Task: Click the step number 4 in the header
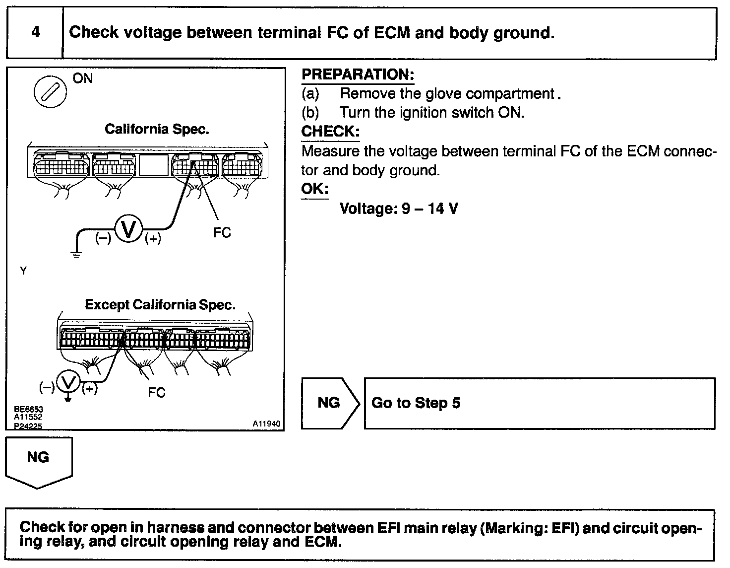36,33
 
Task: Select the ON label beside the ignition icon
83,78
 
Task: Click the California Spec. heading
157,130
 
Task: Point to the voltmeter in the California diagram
128,229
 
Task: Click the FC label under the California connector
222,233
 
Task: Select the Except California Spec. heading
160,304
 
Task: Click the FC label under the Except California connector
156,393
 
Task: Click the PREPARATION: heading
358,75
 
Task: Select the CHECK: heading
330,132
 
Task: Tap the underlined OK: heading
315,189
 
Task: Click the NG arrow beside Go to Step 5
329,403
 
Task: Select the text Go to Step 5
416,403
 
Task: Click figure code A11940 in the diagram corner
266,424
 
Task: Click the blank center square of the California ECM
154,165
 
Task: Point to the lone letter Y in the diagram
23,271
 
